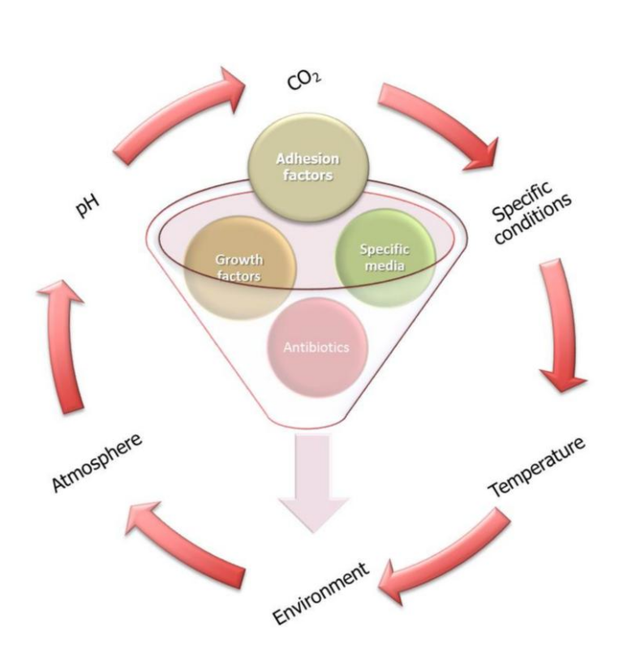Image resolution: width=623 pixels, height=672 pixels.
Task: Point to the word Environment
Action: (x=321, y=594)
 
